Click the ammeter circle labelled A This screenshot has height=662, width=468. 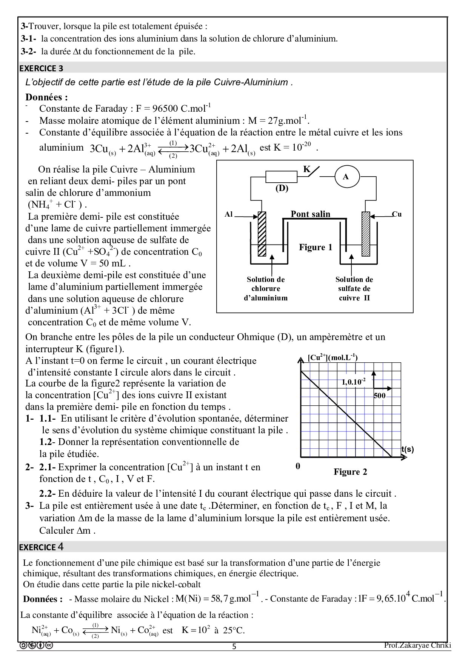click(x=345, y=176)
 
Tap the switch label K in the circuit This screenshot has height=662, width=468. click(x=307, y=169)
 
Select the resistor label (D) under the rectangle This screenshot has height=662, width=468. click(x=282, y=188)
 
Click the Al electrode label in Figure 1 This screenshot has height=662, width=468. click(x=229, y=214)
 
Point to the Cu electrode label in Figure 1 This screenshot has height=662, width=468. click(x=397, y=214)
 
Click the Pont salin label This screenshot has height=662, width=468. click(x=310, y=214)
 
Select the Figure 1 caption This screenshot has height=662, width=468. click(x=316, y=247)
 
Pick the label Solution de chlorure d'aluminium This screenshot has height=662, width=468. click(x=266, y=289)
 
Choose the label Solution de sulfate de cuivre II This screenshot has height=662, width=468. click(x=354, y=289)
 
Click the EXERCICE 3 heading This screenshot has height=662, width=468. click(x=41, y=68)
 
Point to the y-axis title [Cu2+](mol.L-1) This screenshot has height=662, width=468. click(x=333, y=357)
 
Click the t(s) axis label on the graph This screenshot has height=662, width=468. click(x=407, y=449)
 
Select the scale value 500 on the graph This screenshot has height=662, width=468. click(x=380, y=396)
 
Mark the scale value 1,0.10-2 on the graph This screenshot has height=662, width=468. click(x=354, y=382)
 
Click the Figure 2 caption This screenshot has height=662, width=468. click(x=350, y=472)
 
